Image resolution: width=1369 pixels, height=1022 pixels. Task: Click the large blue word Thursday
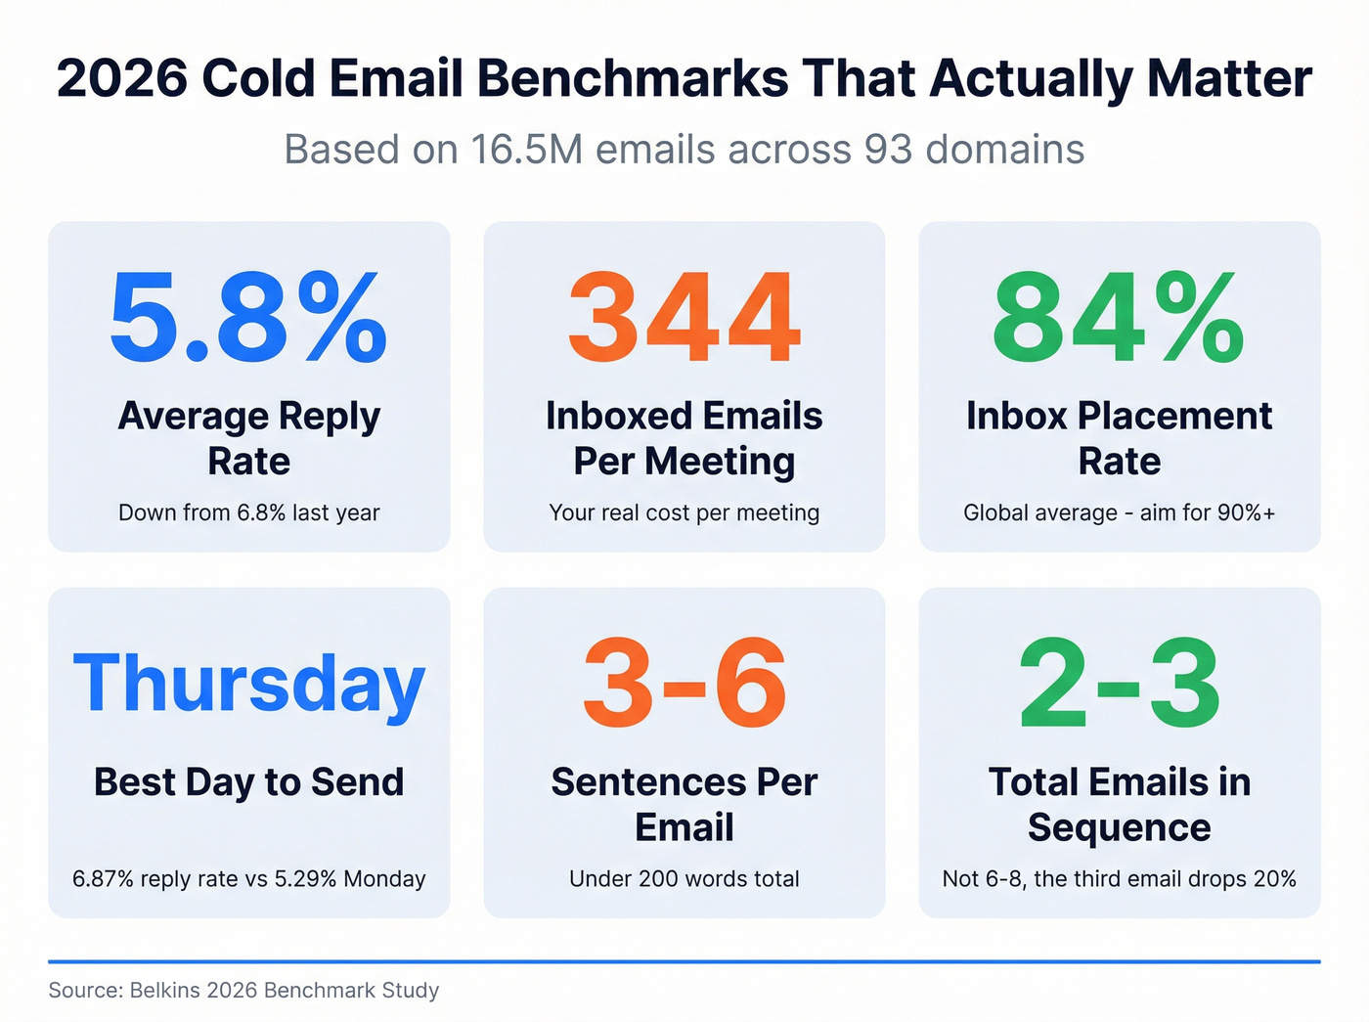tap(248, 685)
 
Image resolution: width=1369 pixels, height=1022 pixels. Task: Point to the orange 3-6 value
tap(684, 684)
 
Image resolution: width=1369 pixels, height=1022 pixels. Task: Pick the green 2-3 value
tap(1119, 684)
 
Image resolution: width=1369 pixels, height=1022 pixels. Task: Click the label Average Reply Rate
tap(248, 438)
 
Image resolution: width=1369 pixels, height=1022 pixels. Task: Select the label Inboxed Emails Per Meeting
tap(684, 438)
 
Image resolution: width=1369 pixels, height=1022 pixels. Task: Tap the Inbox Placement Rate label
tap(1119, 438)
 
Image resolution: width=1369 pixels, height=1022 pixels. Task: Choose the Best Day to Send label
tap(248, 782)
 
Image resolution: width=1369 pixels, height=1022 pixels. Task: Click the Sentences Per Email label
tap(684, 804)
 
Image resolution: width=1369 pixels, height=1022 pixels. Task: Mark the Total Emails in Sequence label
tap(1119, 804)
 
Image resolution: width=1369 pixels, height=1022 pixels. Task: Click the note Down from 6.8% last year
tap(248, 512)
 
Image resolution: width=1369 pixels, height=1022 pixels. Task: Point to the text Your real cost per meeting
tap(684, 512)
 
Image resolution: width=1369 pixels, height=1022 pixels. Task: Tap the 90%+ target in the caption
tap(1244, 512)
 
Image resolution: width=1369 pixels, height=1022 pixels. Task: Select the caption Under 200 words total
tap(684, 878)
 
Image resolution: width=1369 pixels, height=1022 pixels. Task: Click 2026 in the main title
tap(122, 78)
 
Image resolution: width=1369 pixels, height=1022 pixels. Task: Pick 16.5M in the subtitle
tap(526, 150)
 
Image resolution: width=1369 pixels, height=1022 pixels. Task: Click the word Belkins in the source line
tap(165, 990)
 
